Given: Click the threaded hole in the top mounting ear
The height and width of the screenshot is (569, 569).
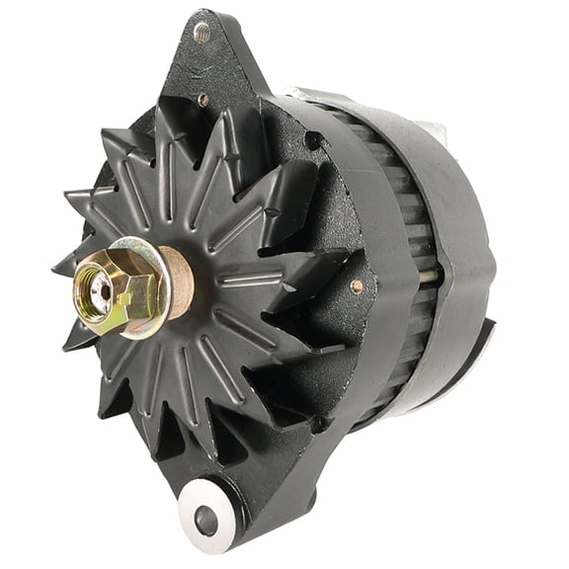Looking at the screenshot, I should [203, 32].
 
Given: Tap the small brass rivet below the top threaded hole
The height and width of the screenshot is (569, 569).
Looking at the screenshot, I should [203, 99].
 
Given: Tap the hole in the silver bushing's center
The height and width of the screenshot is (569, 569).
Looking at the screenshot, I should [206, 518].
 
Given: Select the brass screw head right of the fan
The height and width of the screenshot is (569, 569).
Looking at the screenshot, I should [356, 285].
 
